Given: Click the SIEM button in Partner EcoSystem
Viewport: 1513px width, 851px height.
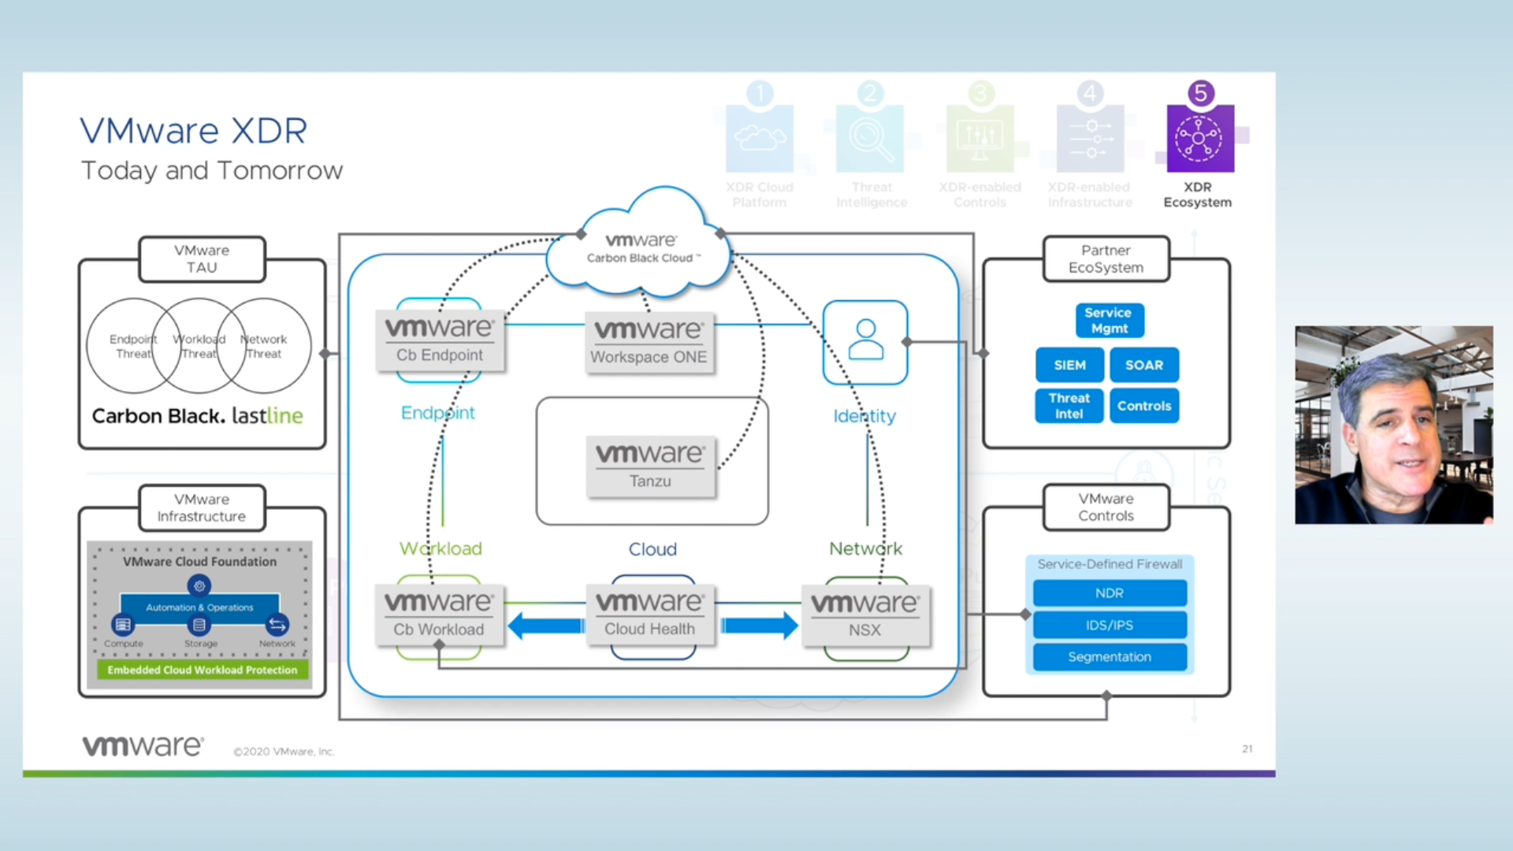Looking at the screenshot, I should coord(1069,365).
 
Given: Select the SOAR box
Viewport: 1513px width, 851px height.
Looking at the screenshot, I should coord(1144,365).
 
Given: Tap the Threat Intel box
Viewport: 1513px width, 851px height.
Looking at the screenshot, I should coord(1069,406).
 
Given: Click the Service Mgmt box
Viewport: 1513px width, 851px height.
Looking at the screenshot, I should coord(1109,321).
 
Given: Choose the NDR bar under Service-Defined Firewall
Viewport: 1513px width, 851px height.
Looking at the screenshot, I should coord(1109,593).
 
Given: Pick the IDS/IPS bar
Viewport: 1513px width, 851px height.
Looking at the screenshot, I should coord(1109,625).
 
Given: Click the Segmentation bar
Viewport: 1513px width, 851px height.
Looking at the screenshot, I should coord(1109,657).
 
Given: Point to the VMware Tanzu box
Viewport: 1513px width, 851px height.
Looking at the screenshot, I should coord(650,466).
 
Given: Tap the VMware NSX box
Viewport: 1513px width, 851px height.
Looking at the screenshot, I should coord(864,615).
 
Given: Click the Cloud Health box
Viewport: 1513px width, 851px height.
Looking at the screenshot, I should coord(649,615).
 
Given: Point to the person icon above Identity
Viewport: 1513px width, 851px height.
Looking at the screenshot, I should coord(865,341).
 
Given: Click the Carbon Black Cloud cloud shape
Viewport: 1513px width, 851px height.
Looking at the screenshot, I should coord(640,248).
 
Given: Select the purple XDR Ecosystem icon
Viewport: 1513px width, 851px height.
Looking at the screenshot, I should coord(1199,139).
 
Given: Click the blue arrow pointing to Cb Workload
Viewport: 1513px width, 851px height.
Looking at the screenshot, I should coord(545,626).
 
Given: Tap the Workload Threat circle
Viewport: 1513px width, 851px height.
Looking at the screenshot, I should coord(199,346).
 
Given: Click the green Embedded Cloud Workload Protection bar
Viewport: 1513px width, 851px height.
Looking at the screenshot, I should coord(202,670).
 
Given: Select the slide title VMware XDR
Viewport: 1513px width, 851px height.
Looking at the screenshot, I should coord(193,131).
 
